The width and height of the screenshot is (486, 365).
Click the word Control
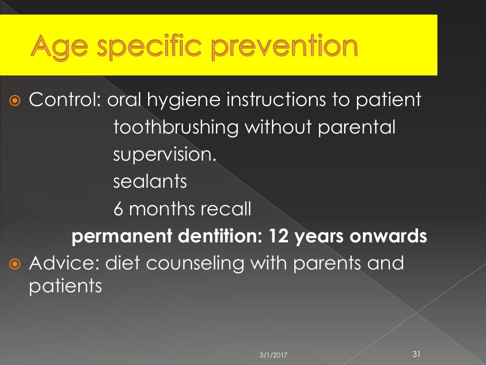pos(65,100)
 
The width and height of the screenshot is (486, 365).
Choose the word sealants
pos(150,182)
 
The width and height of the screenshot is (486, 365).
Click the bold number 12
pos(277,237)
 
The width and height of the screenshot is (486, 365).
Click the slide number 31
pos(417,354)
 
